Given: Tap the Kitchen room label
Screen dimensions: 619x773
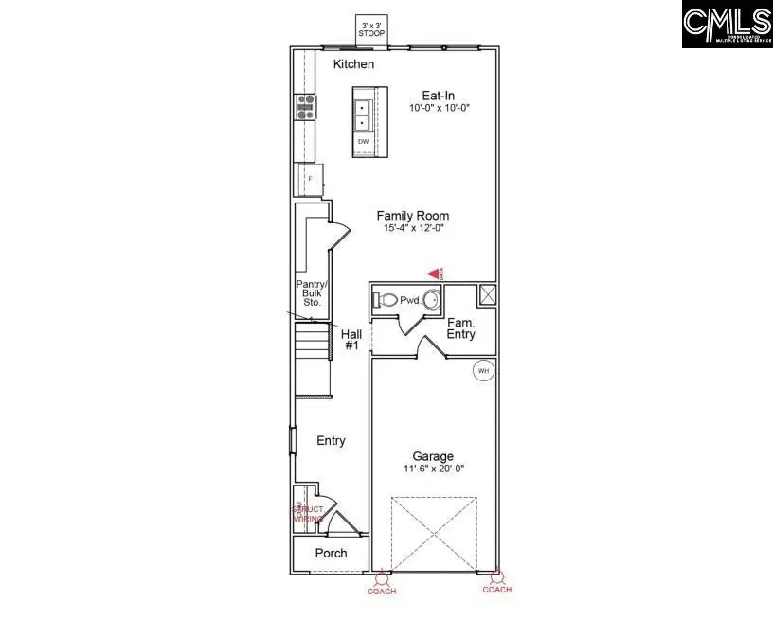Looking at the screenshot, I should (x=353, y=64).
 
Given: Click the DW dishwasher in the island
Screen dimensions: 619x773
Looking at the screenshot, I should (x=363, y=142).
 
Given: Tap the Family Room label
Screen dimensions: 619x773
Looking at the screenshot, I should (x=412, y=216).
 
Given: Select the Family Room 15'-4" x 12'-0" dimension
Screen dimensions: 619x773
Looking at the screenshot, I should (x=412, y=229).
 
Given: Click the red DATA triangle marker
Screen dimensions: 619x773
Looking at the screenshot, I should (x=436, y=273).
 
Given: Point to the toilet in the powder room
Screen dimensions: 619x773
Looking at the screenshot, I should (x=386, y=300).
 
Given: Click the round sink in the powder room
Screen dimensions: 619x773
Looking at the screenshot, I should (x=431, y=301).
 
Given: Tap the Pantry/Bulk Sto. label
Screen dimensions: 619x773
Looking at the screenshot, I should (x=311, y=292).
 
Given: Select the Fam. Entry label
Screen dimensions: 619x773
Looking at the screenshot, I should (x=461, y=328).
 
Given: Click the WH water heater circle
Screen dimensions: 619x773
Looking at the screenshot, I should (x=483, y=370).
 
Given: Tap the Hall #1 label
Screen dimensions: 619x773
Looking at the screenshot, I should (x=351, y=340).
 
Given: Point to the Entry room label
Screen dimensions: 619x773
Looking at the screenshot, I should (x=331, y=441).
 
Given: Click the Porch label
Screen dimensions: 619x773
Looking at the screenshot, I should (x=331, y=553).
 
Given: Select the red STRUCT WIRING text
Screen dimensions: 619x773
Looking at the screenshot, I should (x=308, y=514).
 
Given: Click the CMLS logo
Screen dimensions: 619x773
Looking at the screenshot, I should (x=727, y=25).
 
